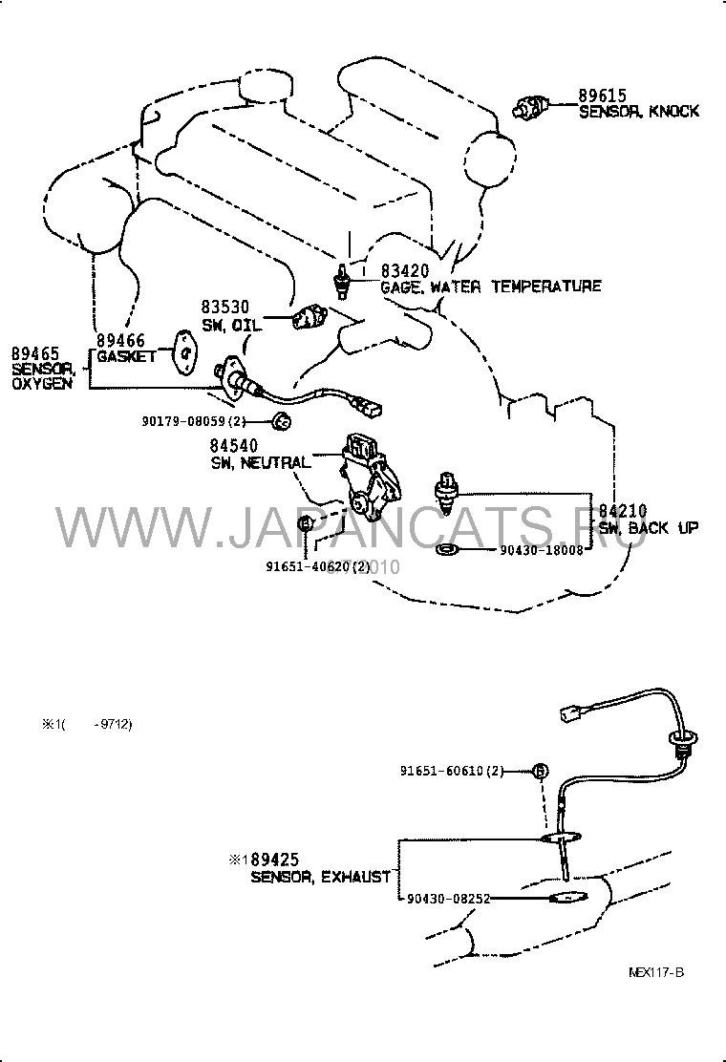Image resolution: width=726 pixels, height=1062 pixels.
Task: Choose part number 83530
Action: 224,307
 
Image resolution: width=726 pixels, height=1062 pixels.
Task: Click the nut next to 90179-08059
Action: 281,420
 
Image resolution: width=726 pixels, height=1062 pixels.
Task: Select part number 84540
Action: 235,446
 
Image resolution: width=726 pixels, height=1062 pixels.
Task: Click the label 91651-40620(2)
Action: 317,565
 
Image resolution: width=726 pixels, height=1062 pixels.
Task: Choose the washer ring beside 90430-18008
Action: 446,550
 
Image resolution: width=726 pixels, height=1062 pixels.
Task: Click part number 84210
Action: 623,512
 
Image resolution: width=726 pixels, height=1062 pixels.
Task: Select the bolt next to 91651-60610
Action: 541,770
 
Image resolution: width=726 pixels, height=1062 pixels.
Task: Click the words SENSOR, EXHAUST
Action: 320,876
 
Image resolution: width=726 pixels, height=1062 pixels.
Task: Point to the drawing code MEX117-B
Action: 656,971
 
